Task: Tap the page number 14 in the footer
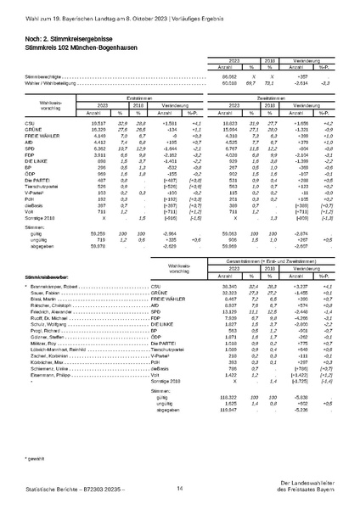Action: click(x=179, y=488)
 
